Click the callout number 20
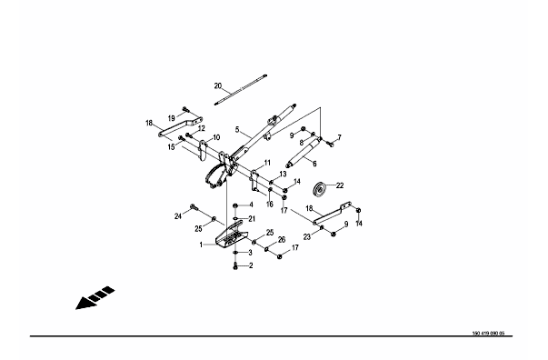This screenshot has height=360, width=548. point(218,85)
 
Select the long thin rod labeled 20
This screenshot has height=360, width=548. point(241,89)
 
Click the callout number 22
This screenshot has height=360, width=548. point(340,185)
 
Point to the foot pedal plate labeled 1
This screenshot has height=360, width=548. point(229,236)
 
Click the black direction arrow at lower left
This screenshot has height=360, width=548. point(95,298)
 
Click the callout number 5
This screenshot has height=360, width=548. point(237,130)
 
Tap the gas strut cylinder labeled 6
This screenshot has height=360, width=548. point(304,152)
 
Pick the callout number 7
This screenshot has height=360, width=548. point(339,137)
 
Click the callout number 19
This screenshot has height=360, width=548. point(171,118)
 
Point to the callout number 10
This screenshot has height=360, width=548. point(216,137)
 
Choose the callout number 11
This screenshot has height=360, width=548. point(267,163)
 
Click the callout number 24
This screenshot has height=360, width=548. point(178,216)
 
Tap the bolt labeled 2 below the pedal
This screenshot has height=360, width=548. point(235,265)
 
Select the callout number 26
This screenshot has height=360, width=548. point(282,239)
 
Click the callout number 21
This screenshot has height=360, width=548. point(252,219)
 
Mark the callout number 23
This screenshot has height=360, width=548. point(307,237)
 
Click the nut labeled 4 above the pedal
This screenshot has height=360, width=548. point(235,205)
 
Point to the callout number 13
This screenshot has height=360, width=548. point(283,174)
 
